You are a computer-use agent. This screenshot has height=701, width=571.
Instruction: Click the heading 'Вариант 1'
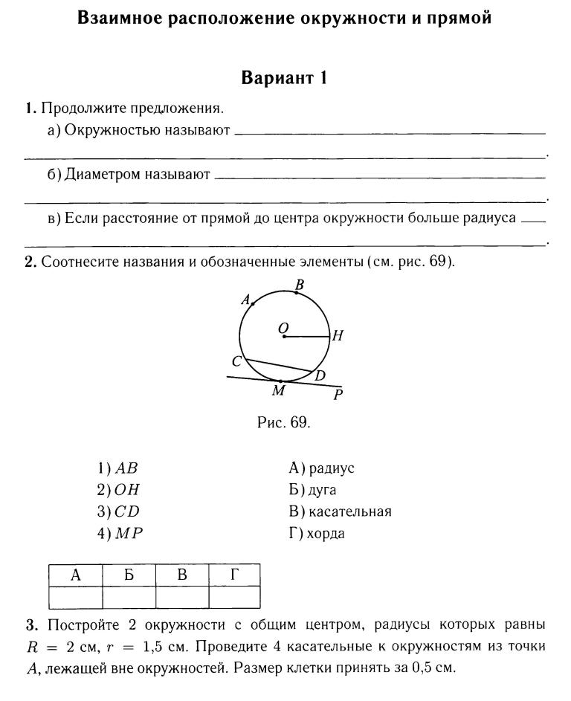(285, 78)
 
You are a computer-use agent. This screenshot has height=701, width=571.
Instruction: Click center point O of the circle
(284, 337)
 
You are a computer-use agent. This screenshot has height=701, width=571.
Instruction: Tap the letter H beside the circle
(337, 336)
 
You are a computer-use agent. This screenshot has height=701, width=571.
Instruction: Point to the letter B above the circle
(300, 284)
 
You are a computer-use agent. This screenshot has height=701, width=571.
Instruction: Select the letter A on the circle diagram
(245, 300)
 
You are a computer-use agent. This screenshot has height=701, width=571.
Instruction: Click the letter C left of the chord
(236, 361)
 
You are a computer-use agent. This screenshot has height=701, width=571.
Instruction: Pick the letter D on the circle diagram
(320, 376)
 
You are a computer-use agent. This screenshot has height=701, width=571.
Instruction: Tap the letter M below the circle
(279, 390)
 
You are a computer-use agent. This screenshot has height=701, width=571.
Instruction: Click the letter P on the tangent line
(338, 395)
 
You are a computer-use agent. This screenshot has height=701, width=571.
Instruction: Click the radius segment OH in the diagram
(306, 337)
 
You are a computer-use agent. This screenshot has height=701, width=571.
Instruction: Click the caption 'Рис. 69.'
(283, 423)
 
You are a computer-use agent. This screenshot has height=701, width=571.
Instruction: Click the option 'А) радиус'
(321, 468)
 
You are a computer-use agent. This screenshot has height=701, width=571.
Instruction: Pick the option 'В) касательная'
(340, 511)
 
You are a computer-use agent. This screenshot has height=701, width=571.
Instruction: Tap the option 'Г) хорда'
(317, 534)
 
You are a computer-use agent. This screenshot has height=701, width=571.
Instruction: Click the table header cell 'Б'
(129, 575)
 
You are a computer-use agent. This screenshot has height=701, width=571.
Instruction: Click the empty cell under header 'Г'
(234, 597)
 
